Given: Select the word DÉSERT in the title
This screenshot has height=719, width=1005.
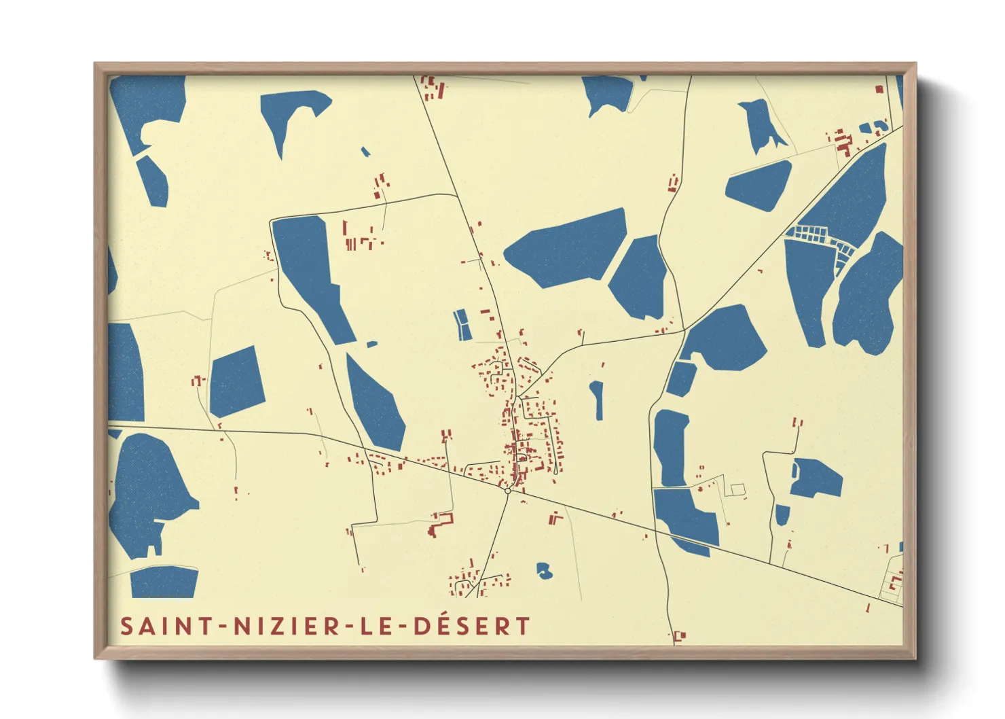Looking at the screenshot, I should click(x=472, y=626).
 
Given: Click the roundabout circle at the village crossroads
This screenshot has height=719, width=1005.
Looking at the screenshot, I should click(x=508, y=490).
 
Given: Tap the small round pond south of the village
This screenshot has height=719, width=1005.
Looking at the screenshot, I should click(x=544, y=570).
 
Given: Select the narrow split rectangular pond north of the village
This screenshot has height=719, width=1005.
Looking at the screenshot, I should click(x=462, y=325).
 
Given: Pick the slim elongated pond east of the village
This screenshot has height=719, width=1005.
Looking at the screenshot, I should click(x=597, y=400).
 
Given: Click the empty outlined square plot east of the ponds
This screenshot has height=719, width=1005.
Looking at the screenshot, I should click(x=737, y=489).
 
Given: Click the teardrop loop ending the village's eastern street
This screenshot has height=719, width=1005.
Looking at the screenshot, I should click(x=555, y=472).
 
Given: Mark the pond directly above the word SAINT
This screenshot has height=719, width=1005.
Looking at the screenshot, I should click(x=164, y=582).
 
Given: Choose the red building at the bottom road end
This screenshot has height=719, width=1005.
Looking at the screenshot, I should click(x=680, y=636).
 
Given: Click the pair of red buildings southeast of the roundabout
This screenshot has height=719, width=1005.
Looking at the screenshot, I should click(x=555, y=519).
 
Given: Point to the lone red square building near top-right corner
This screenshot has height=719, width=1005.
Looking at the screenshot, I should click(x=879, y=89).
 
